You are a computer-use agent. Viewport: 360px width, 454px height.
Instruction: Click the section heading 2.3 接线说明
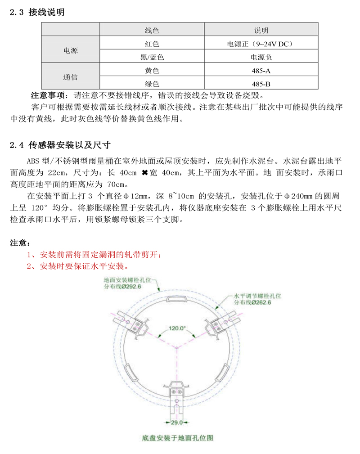coord(37,13)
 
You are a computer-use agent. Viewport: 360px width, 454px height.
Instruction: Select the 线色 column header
coord(152,31)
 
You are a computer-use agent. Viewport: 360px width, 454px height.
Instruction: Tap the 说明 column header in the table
coord(261,31)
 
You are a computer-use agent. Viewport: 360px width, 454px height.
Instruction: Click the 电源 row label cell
coord(70,51)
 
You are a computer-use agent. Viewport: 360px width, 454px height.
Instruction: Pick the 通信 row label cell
coord(70,77)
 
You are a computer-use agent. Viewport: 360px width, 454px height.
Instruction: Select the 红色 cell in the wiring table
coord(152,44)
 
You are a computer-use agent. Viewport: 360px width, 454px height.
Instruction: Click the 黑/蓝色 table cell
coord(152,58)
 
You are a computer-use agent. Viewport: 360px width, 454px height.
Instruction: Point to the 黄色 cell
coord(152,71)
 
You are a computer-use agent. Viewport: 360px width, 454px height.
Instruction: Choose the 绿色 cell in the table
coord(152,84)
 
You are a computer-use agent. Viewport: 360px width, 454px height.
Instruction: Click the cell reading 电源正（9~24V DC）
coord(261,44)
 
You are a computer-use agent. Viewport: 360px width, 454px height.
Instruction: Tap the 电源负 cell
coord(261,58)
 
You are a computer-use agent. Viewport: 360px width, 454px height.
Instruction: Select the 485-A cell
coord(261,71)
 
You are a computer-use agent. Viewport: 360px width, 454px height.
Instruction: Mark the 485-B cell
coord(261,84)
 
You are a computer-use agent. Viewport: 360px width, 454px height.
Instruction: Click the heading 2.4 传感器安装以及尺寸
coord(60,145)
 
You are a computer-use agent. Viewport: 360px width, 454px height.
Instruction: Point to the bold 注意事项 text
coord(48,96)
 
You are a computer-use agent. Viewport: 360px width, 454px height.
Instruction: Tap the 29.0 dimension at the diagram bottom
coord(176,423)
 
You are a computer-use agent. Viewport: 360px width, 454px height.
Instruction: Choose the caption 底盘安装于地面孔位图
coord(177,437)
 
